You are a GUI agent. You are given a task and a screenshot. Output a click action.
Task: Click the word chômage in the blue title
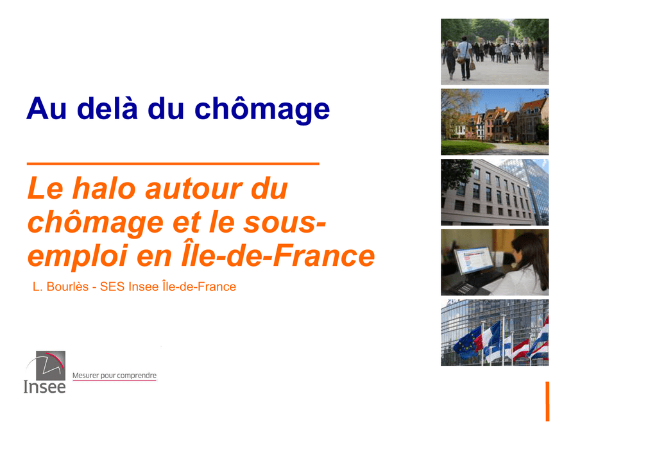[262, 110]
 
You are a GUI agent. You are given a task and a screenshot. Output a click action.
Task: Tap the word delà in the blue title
[107, 108]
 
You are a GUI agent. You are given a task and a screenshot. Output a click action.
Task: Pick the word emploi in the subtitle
[78, 256]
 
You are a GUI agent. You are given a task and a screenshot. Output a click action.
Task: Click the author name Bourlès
[67, 286]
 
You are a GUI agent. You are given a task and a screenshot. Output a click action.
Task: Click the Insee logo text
[45, 387]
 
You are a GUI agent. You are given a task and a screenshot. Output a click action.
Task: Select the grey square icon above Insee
[50, 365]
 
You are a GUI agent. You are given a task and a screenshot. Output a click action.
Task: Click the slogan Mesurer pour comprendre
[114, 376]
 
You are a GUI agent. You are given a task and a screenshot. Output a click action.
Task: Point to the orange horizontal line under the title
[173, 163]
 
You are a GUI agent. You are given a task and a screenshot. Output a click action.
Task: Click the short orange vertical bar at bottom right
[547, 401]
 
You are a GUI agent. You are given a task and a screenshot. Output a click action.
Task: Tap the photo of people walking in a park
[495, 52]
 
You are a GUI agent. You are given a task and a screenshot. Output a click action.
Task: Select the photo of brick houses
[495, 122]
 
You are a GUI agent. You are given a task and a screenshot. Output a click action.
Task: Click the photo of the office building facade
[495, 192]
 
